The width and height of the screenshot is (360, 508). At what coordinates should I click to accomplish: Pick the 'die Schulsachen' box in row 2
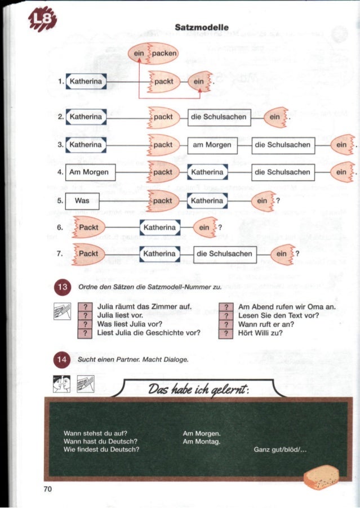tap(219, 117)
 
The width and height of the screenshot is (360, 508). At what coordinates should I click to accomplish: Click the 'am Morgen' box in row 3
tap(212, 145)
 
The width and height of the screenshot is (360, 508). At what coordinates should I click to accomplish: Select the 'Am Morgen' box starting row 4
tap(91, 171)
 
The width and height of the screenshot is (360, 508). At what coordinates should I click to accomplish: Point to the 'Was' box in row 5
tap(82, 200)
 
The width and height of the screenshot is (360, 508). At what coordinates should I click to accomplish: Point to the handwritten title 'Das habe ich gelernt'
tap(194, 389)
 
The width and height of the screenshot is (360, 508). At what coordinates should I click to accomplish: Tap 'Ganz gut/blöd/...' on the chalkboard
tap(279, 449)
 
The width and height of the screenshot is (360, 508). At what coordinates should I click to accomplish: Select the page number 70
tap(47, 489)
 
